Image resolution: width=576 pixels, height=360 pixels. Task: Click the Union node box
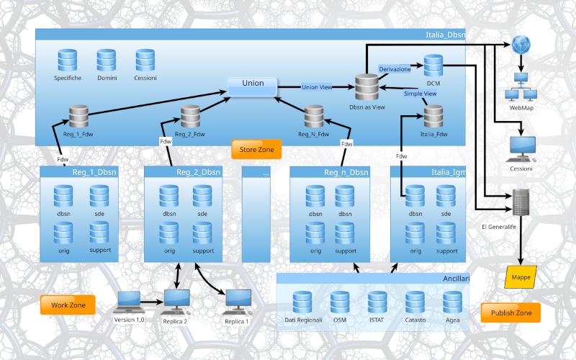point(253,84)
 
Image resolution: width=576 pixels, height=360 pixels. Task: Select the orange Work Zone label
point(68,305)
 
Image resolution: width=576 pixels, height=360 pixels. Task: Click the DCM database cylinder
point(433,66)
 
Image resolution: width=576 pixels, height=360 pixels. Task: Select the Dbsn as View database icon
point(367,88)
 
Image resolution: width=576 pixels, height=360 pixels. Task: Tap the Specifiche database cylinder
point(68,60)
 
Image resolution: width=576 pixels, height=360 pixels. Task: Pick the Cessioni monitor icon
point(521,149)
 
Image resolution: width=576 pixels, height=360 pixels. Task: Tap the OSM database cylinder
point(340,302)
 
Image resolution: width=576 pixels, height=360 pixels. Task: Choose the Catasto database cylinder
point(415,302)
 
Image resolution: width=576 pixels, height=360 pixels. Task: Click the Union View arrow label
point(317,87)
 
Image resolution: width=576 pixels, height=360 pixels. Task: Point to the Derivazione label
point(395,69)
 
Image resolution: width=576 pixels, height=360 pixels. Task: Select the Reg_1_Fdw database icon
point(78,116)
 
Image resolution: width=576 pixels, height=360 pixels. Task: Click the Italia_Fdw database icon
point(433,116)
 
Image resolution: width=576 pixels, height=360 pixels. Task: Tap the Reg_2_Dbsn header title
point(197,172)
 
